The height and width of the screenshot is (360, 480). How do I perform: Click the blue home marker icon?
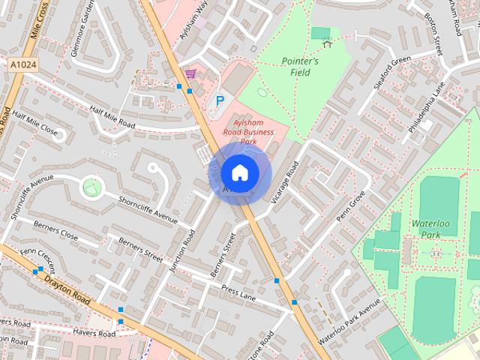(x=239, y=172)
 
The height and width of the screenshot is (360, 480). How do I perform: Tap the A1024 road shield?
(x=23, y=66)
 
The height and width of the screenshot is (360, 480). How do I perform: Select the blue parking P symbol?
(x=220, y=100)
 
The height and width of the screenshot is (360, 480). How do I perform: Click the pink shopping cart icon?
(x=190, y=73)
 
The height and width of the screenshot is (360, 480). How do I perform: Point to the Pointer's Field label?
(x=301, y=67)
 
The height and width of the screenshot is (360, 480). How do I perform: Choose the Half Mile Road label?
(x=112, y=116)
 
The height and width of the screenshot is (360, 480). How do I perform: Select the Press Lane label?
(x=239, y=292)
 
